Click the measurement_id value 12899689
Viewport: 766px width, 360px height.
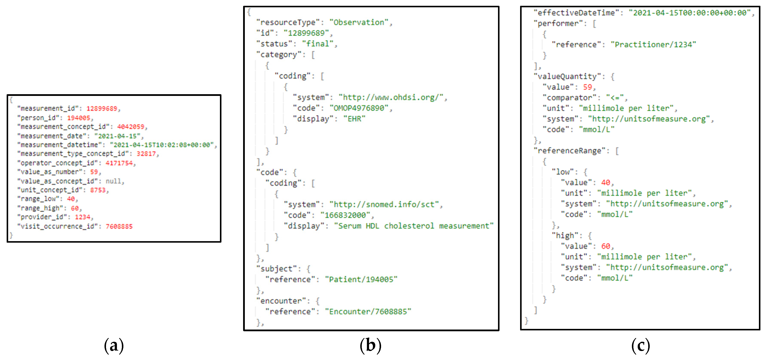click(x=102, y=109)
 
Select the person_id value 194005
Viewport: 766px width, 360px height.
click(x=79, y=118)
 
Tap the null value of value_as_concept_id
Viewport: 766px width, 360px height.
click(x=113, y=181)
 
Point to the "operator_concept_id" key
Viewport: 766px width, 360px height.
click(x=58, y=163)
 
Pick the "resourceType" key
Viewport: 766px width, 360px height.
click(x=288, y=22)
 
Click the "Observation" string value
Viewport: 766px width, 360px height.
click(x=359, y=22)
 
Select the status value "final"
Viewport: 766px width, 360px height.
click(x=318, y=44)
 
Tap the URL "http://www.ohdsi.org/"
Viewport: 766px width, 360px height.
click(x=391, y=97)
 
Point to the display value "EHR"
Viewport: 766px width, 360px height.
click(x=354, y=119)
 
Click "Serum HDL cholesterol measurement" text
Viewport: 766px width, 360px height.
click(x=413, y=226)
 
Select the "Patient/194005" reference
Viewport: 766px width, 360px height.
click(x=361, y=279)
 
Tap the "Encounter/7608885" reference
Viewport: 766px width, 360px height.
click(x=368, y=311)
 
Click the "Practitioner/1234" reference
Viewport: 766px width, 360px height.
click(x=653, y=45)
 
